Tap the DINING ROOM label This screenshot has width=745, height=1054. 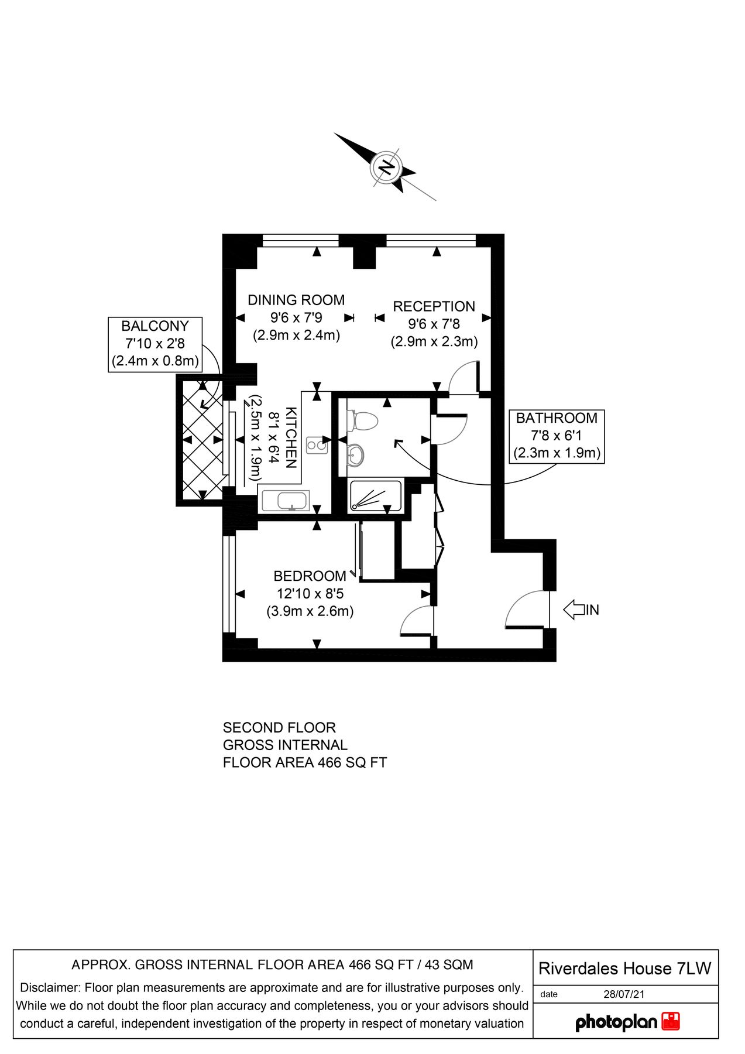296,300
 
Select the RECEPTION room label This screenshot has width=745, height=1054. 434,306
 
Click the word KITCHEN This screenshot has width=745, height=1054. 291,437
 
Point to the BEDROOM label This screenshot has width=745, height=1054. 310,576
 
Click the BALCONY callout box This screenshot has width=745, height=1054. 155,344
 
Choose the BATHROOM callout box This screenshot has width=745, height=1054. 557,436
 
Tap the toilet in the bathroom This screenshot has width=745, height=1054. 362,420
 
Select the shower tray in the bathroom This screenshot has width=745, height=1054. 375,496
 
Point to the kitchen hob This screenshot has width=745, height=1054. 317,445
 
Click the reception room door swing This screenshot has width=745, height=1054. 464,378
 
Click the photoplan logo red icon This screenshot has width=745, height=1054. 671,1022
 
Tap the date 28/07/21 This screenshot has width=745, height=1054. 624,994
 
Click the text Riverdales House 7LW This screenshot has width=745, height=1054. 624,969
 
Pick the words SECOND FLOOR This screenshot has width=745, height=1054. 279,728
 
